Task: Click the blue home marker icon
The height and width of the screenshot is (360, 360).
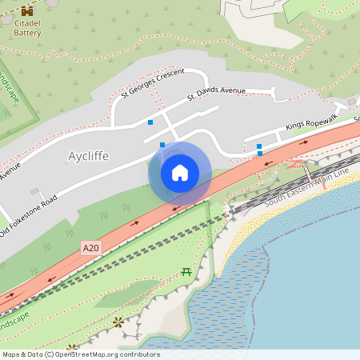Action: (180, 173)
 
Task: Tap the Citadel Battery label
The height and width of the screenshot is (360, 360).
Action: (29, 29)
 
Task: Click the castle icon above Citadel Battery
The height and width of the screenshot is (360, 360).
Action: (29, 11)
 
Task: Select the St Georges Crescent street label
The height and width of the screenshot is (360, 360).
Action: (153, 83)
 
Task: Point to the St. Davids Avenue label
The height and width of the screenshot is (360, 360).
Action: (216, 94)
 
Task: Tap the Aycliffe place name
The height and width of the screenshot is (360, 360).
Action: (88, 155)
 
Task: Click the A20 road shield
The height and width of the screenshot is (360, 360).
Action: (91, 249)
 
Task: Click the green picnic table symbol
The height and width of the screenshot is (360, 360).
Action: (186, 272)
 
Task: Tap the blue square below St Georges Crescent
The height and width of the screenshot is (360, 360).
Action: (150, 122)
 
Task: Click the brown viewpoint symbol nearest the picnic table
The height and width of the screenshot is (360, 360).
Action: (118, 322)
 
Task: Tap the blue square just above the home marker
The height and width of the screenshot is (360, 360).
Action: (162, 145)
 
